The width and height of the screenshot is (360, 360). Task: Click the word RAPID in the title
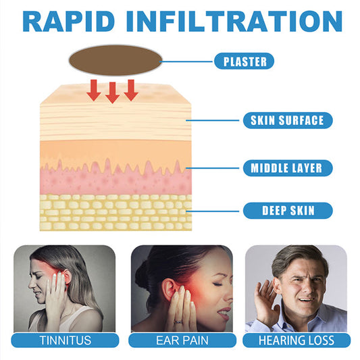[69, 21]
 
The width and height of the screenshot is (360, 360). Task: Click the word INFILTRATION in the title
[234, 21]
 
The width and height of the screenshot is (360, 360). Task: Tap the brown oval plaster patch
[115, 60]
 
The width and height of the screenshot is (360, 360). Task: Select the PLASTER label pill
[244, 61]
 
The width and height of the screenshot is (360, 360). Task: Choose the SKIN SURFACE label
[288, 120]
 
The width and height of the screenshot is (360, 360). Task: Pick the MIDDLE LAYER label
[288, 168]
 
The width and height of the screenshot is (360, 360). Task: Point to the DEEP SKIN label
[288, 211]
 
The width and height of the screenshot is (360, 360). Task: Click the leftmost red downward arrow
[93, 91]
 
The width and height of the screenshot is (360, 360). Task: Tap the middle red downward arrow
[112, 93]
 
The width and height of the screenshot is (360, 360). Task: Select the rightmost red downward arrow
[131, 91]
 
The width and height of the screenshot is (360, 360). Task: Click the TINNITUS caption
[66, 340]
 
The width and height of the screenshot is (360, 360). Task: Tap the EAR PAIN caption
[182, 340]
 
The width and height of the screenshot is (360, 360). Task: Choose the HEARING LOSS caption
[297, 340]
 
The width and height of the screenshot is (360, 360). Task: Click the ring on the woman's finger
[178, 322]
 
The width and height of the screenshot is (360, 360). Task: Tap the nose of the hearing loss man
[305, 290]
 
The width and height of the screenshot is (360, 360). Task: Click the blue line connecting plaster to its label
[186, 61]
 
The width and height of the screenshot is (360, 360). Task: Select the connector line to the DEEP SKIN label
[212, 211]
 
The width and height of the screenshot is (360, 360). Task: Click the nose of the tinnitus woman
[31, 285]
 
